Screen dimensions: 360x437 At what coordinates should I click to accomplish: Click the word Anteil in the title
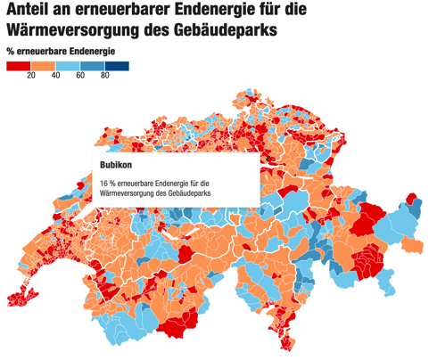click(x=33, y=12)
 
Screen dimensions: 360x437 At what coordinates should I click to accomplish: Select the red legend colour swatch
click(x=18, y=66)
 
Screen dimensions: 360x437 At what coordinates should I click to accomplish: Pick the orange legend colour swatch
click(x=43, y=66)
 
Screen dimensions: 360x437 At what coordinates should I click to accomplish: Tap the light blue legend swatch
click(x=68, y=66)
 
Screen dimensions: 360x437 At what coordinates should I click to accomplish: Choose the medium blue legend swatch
click(x=92, y=66)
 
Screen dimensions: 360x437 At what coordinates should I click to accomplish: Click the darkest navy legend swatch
click(x=117, y=66)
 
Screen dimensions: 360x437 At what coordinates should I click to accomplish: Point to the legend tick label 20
click(x=30, y=77)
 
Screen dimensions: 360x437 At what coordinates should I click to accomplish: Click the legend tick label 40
click(x=55, y=77)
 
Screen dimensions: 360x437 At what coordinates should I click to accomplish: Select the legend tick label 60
click(x=80, y=77)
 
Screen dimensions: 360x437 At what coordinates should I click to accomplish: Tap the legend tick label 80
click(x=104, y=77)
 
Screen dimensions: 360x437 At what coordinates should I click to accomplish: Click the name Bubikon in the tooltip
click(x=118, y=165)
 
